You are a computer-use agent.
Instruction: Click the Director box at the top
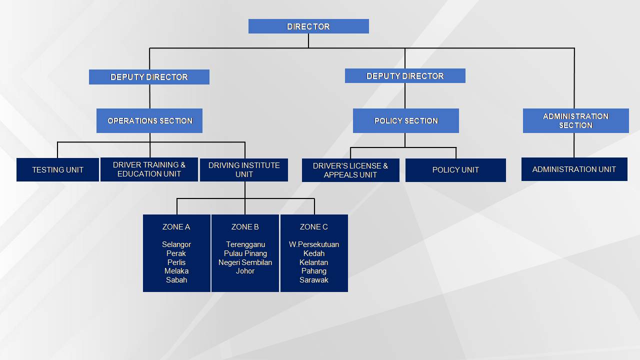(308, 26)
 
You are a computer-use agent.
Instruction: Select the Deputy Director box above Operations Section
(149, 77)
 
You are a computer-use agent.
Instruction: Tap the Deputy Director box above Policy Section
(405, 75)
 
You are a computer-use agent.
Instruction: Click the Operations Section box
(149, 120)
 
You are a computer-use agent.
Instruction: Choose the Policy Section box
(406, 120)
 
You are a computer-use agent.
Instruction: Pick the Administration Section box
(576, 120)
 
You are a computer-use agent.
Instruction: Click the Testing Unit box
(57, 169)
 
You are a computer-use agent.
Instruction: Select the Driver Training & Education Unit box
(149, 169)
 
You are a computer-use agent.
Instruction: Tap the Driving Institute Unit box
(244, 170)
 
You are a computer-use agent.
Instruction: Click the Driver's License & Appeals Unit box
(350, 170)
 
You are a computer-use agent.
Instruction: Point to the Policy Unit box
(455, 170)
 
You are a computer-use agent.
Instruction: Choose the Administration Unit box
(574, 169)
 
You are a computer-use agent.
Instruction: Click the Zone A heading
(176, 227)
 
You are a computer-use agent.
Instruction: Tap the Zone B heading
(245, 227)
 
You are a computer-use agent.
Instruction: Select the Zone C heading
(313, 227)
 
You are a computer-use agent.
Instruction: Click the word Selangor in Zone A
(176, 244)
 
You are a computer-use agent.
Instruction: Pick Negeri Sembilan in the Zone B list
(245, 262)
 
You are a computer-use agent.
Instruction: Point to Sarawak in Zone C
(313, 280)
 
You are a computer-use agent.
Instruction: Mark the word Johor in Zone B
(245, 271)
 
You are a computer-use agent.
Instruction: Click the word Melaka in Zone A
(176, 271)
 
